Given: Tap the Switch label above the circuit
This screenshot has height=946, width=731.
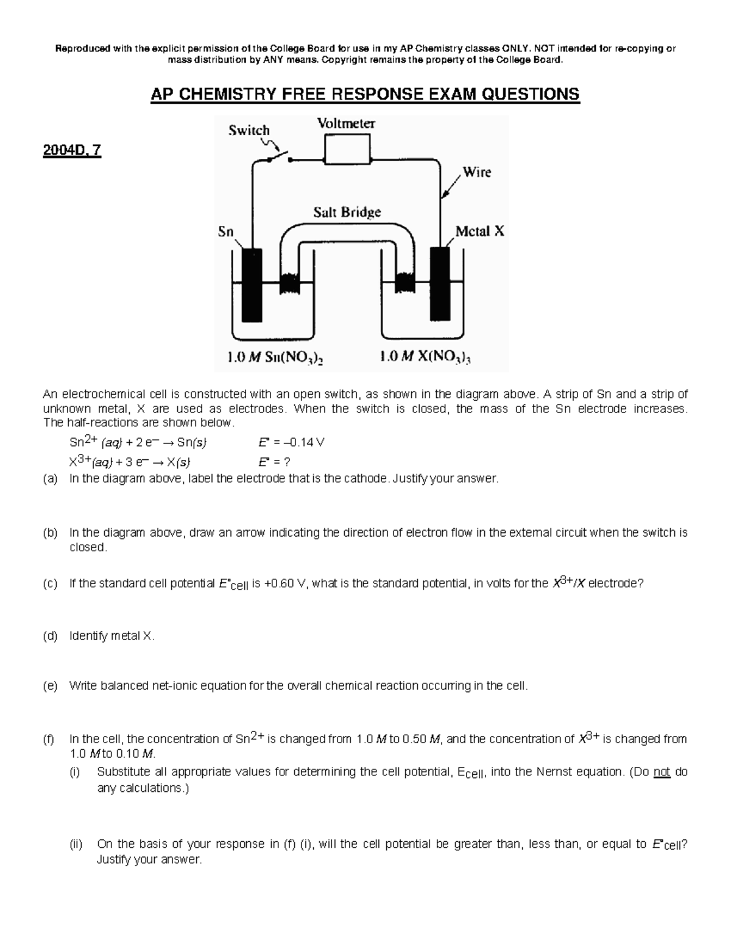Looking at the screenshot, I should [249, 130].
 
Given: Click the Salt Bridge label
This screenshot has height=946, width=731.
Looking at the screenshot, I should [347, 212].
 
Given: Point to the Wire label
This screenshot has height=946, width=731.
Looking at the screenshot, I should [476, 172].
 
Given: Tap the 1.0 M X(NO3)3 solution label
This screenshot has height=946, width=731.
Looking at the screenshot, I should [425, 358].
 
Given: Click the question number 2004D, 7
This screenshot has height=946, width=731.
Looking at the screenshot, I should [72, 150].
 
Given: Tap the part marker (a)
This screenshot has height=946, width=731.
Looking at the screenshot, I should [50, 479].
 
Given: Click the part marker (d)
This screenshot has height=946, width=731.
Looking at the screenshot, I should [50, 636].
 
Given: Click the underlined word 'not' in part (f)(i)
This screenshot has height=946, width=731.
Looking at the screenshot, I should [662, 772].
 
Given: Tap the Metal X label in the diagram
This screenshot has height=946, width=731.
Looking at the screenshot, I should [480, 231].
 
